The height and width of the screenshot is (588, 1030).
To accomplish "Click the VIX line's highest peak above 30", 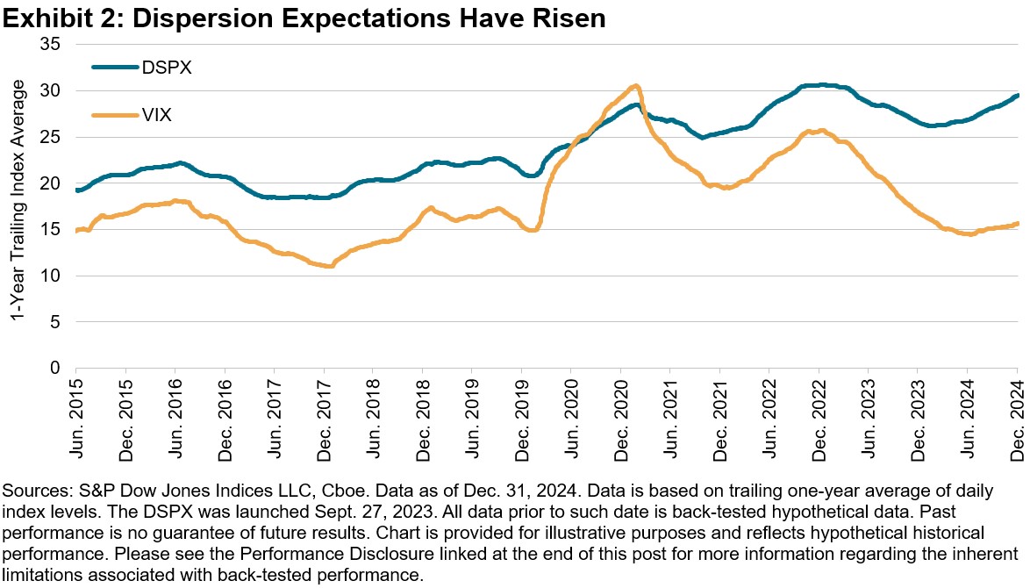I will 635,86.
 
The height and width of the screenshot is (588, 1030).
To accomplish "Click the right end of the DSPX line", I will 1017,96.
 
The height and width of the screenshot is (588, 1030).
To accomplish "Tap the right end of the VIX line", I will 1017,224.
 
